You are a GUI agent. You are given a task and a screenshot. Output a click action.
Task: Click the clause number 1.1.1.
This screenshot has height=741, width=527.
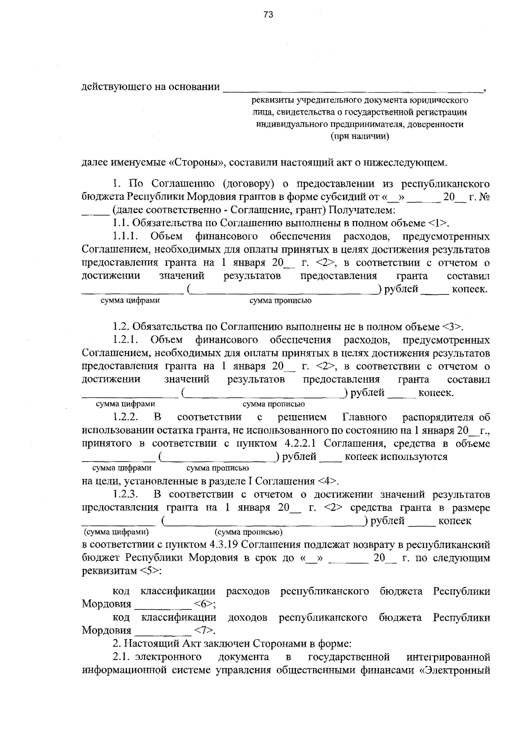tap(126, 236)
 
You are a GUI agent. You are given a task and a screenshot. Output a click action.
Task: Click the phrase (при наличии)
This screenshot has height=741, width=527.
tap(360, 136)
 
